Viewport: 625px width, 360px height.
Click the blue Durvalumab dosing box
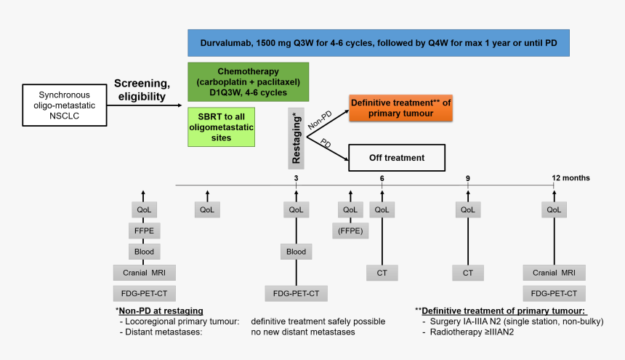pyautogui.click(x=378, y=43)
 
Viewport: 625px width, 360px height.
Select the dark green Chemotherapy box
pyautogui.click(x=248, y=81)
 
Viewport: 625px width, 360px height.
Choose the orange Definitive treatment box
pyautogui.click(x=400, y=108)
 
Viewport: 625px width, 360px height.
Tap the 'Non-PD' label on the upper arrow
pyautogui.click(x=319, y=119)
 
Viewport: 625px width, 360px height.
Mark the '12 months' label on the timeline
pyautogui.click(x=570, y=177)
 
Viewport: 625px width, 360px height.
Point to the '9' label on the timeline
pyautogui.click(x=468, y=177)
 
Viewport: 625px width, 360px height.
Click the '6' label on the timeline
pyautogui.click(x=382, y=177)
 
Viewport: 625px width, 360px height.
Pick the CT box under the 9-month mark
pyautogui.click(x=467, y=273)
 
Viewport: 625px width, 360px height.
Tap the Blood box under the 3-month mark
pyautogui.click(x=296, y=252)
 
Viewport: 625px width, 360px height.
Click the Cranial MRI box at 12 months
pyautogui.click(x=554, y=273)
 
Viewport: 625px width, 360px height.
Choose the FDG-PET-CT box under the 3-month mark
pyautogui.click(x=296, y=294)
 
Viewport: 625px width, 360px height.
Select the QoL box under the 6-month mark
pyautogui.click(x=382, y=210)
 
